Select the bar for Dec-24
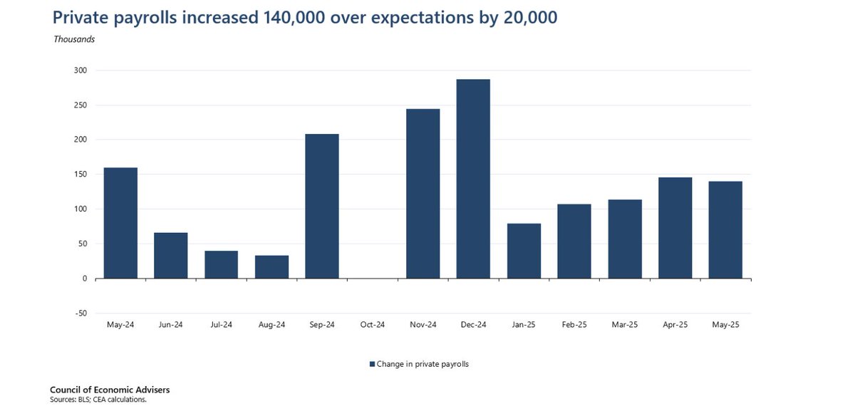point(473,179)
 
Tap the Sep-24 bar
point(322,206)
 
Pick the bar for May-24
point(120,223)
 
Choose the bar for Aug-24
point(271,266)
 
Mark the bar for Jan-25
point(524,251)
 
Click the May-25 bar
point(725,229)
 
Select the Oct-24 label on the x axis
point(372,325)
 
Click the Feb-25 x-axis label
point(574,325)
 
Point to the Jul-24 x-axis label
point(221,325)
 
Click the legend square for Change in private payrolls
point(372,364)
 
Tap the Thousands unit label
point(74,39)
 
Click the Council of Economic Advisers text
point(110,390)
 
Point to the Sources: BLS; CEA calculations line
point(98,400)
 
